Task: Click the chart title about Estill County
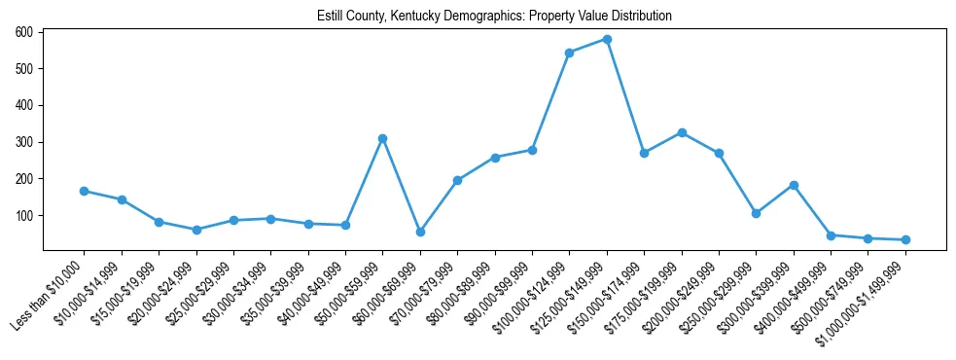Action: click(494, 17)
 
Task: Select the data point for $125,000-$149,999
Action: click(607, 40)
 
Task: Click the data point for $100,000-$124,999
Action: click(569, 53)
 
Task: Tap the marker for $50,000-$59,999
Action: click(383, 138)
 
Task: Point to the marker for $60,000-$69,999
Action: click(420, 232)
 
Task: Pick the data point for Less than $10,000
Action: click(85, 191)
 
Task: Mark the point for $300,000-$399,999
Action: click(794, 185)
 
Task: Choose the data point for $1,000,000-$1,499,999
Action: click(905, 239)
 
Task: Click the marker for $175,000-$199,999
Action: click(682, 132)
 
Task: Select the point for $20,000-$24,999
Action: click(196, 230)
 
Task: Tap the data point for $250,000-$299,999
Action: click(756, 213)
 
